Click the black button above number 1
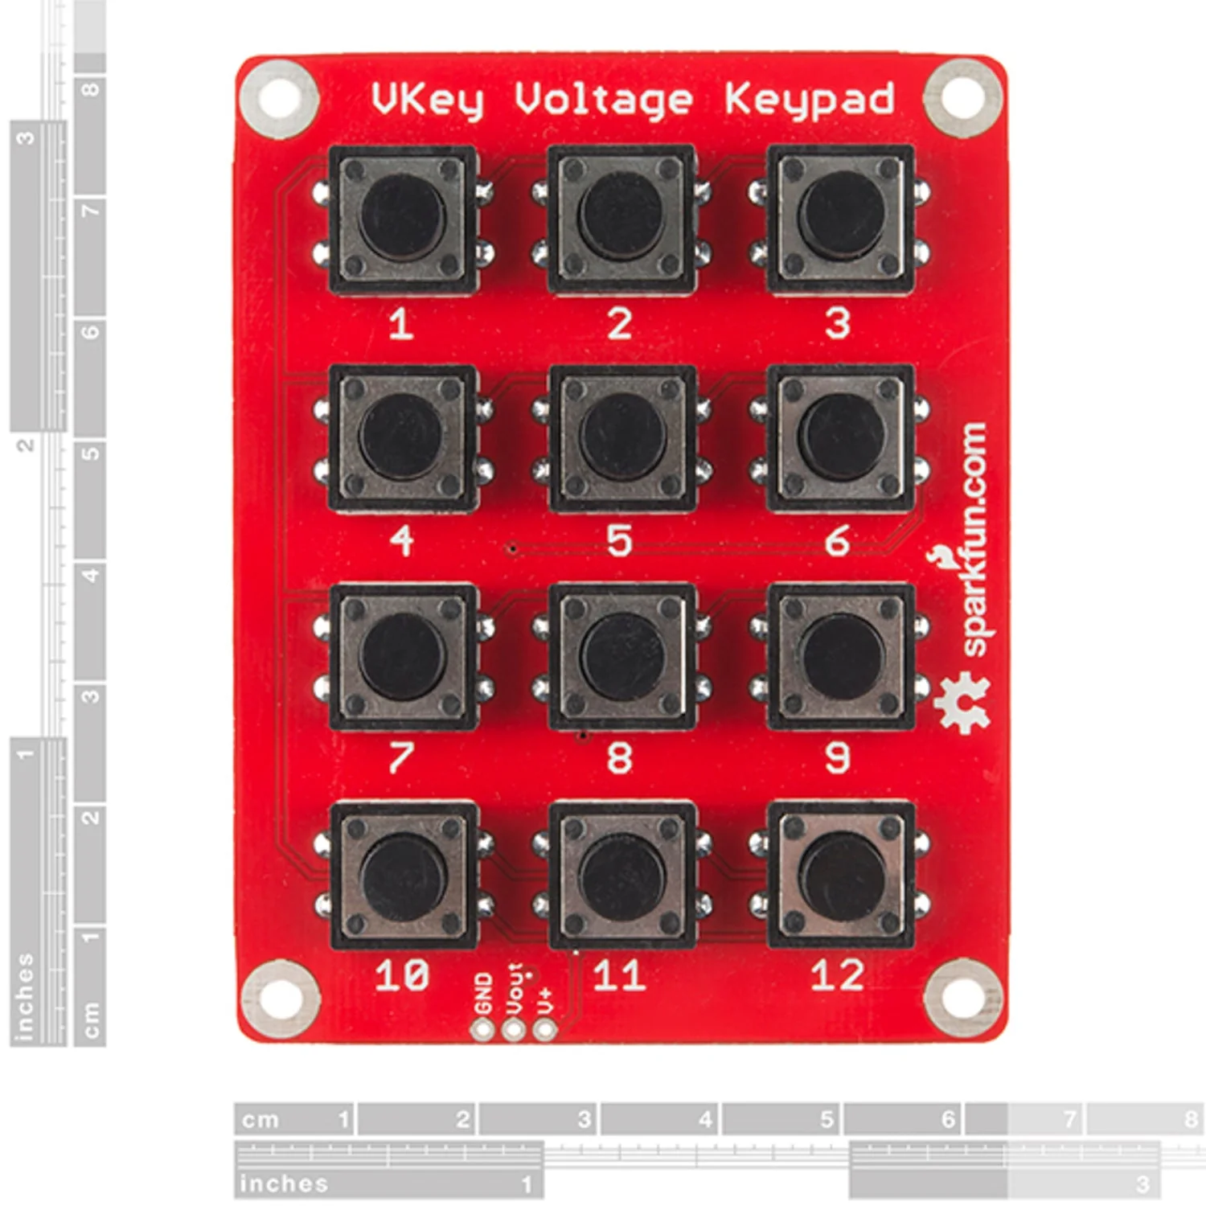click(x=402, y=219)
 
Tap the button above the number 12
click(x=840, y=874)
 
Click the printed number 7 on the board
click(x=400, y=757)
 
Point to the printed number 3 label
click(x=838, y=323)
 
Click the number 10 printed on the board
click(x=401, y=975)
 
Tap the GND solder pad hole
click(x=482, y=1029)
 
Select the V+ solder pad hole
click(x=545, y=1029)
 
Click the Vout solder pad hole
click(x=514, y=1029)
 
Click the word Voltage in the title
click(x=603, y=100)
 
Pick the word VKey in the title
click(x=428, y=100)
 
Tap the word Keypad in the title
click(x=809, y=100)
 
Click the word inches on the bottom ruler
click(x=284, y=1183)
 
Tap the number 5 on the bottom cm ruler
click(x=827, y=1118)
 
